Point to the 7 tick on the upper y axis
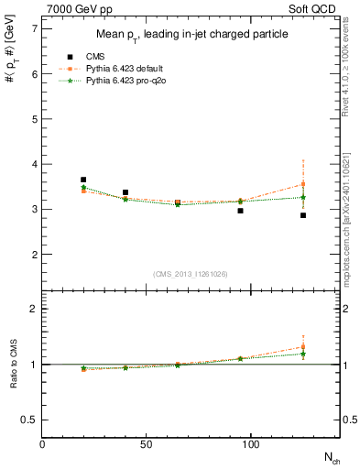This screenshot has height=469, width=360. (x=35, y=29)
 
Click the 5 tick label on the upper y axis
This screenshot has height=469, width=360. (x=35, y=119)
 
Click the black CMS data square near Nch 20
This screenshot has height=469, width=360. (x=83, y=180)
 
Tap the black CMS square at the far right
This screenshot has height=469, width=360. (x=303, y=215)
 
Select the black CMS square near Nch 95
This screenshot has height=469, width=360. (x=240, y=211)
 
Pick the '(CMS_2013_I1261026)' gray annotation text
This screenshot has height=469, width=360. (x=190, y=272)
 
